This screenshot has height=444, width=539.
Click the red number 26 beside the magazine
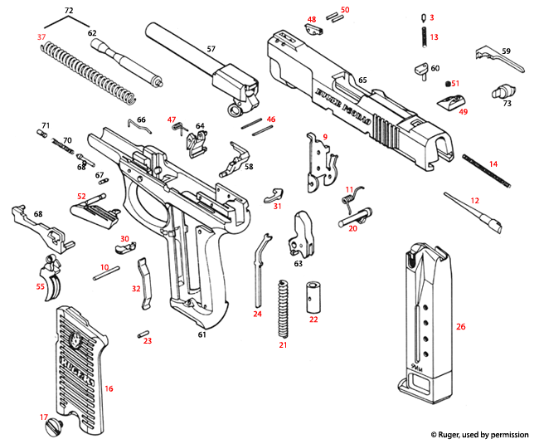coord(461,326)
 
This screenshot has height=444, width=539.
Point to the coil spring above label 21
coord(283,308)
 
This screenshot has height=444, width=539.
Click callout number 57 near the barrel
coord(211,49)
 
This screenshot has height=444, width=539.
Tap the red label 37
coord(41,38)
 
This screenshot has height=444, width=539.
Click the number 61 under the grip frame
coord(200,334)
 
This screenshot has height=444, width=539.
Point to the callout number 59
coord(506,51)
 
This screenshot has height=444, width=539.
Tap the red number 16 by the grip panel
coord(109,388)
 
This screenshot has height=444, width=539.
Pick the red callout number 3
coord(431,17)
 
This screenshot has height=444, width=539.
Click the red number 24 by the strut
coord(257,314)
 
